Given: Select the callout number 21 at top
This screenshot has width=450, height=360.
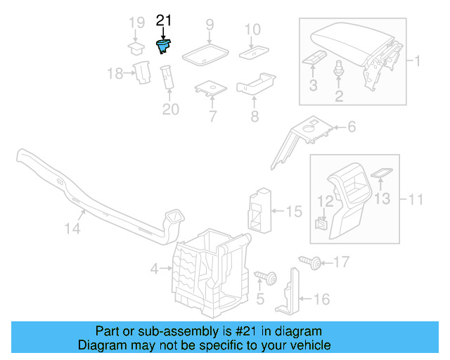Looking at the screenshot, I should click(163, 21).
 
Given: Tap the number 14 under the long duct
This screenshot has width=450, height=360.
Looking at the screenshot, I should click(73, 229).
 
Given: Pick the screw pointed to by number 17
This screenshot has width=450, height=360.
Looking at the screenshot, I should click(310, 263).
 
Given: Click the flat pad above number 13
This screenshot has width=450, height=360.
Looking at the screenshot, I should click(381, 173).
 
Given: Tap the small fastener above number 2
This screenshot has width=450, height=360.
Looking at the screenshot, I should click(339, 69).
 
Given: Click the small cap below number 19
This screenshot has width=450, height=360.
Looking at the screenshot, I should click(135, 48).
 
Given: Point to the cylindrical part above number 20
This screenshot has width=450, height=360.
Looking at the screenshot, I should click(169, 77).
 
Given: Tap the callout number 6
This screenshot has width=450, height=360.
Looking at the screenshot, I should click(352, 127).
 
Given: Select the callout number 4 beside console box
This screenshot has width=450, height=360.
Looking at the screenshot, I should click(155, 268).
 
